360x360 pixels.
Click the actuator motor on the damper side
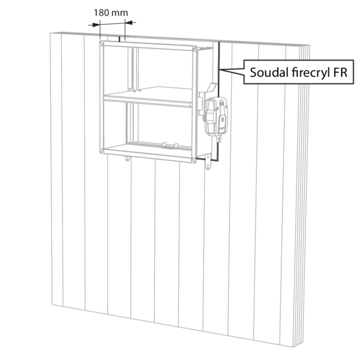coord(217,116)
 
